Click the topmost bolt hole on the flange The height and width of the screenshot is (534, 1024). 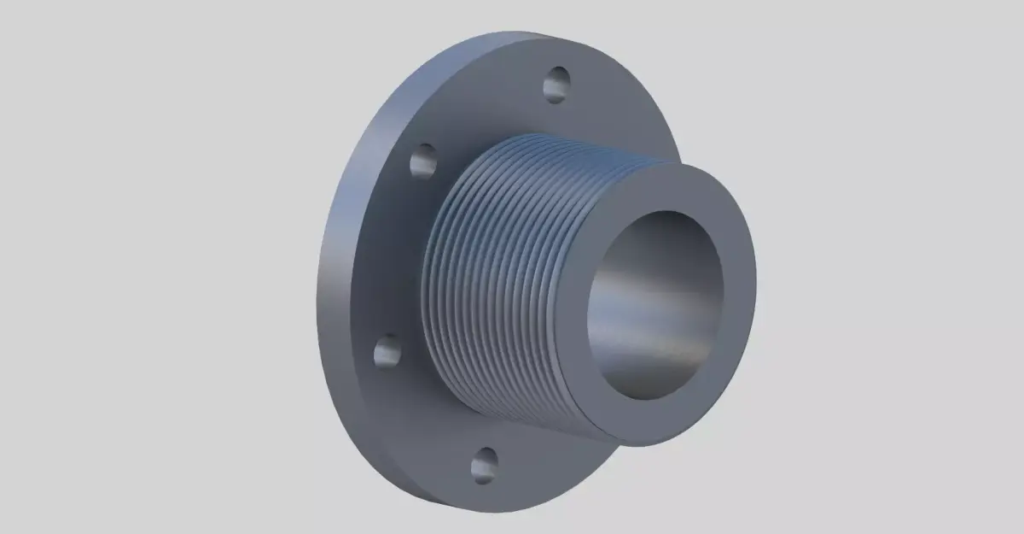click(x=556, y=84)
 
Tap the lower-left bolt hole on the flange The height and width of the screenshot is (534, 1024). click(x=388, y=349)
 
